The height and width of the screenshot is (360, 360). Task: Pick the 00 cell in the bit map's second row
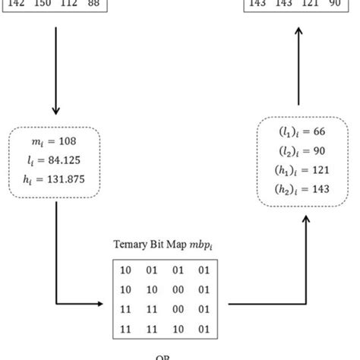point(178,290)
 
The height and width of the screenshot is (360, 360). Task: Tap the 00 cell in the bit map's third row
point(178,311)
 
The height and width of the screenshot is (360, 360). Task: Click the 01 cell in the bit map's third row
point(203,311)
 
